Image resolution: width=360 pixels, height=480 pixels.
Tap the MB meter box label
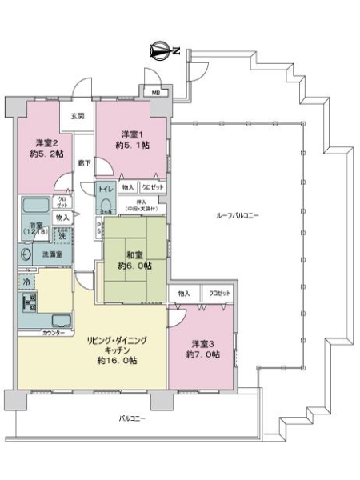[156, 93]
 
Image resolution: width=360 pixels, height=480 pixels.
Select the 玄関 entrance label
[78, 117]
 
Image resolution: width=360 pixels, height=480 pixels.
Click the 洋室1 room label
[132, 133]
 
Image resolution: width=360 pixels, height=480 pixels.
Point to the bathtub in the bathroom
[36, 206]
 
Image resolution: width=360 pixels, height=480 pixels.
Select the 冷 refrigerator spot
[26, 282]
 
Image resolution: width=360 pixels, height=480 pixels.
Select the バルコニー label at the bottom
[133, 418]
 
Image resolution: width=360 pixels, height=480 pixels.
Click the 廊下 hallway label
[84, 163]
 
